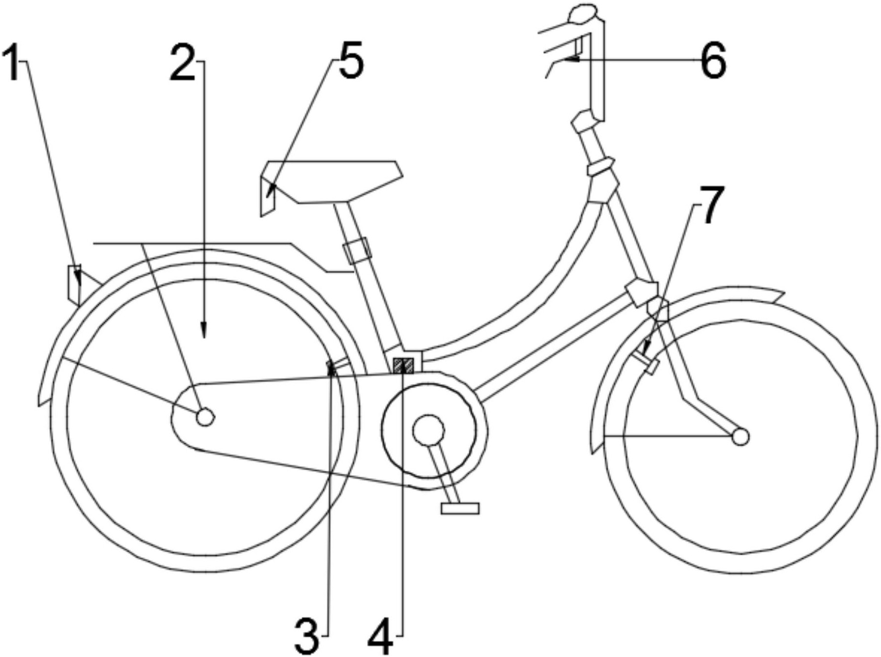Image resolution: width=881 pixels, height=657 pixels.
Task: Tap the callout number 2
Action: click(x=183, y=62)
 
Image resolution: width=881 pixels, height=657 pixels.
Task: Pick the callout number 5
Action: click(x=352, y=60)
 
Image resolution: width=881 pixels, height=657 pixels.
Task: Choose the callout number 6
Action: click(x=713, y=60)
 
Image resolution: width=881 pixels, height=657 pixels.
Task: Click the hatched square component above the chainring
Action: click(x=404, y=365)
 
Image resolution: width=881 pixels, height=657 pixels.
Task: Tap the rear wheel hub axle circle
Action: click(x=205, y=417)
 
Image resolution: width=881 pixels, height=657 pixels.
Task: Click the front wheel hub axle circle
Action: click(x=740, y=437)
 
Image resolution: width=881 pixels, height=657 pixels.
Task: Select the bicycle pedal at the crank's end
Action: click(x=460, y=508)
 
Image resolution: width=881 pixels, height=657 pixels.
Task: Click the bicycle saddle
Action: click(x=332, y=181)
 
